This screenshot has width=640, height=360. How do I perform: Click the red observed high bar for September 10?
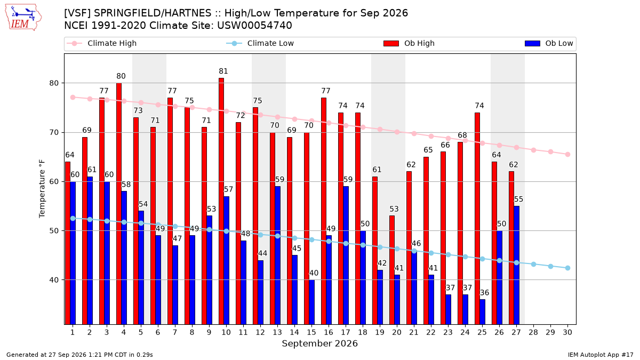pos(221,201)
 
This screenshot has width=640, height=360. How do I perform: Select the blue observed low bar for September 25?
pos(482,311)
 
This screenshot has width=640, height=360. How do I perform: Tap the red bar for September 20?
pos(391,270)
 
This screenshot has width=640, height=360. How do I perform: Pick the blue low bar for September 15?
pos(311,302)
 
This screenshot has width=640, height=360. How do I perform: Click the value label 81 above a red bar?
pos(223,71)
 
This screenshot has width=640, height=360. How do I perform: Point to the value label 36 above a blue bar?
pos(484,293)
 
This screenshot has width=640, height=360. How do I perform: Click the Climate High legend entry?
pos(102,43)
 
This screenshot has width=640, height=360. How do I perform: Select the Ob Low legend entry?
pos(549,43)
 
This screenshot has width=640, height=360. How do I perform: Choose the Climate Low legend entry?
pos(260,43)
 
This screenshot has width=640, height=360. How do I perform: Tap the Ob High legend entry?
pos(409,43)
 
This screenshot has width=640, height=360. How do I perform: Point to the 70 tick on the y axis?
pos(54,133)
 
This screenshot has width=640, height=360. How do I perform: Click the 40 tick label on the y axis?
pos(54,280)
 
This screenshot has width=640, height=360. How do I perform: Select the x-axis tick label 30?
pos(567,332)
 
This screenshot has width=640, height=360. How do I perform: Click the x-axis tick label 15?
pos(311,332)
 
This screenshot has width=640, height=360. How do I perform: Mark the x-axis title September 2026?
pos(319,343)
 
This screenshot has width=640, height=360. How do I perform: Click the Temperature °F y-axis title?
pos(42,189)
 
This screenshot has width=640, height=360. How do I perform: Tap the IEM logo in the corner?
pos(23,18)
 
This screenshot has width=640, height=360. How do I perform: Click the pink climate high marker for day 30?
pos(567,155)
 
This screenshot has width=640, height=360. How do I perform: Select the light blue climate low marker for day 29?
pos(550,266)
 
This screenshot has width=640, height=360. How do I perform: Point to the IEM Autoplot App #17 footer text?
pos(601,355)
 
